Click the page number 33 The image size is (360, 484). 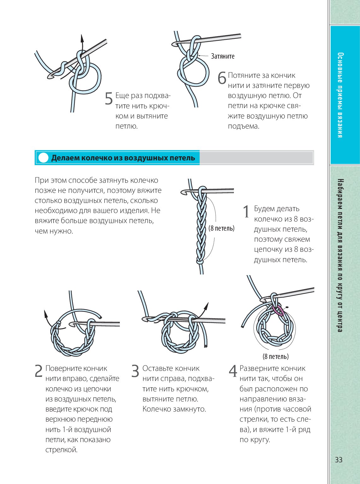(339, 460)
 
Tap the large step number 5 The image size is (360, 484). (109, 99)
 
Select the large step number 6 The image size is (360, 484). (222, 78)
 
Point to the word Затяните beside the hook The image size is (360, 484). (223, 56)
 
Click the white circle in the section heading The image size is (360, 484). (43, 158)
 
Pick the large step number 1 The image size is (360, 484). (246, 211)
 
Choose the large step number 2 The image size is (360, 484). (38, 371)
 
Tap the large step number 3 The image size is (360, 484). (135, 371)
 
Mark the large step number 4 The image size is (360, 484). (233, 371)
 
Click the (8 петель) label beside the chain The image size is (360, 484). (221, 228)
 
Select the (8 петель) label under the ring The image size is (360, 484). (276, 356)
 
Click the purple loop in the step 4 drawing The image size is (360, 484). (278, 311)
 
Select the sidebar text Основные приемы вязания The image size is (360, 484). (340, 95)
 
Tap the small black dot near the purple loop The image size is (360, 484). (287, 307)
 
